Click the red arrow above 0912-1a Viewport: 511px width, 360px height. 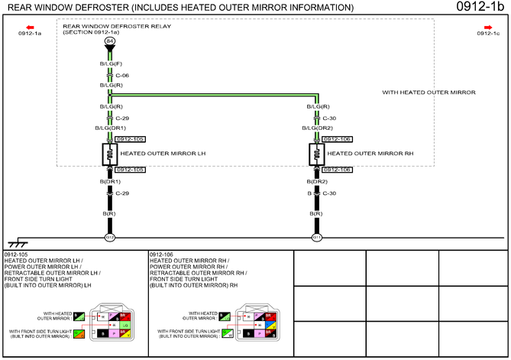[29, 27]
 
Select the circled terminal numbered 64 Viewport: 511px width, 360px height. [110, 40]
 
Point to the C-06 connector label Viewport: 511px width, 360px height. [122, 76]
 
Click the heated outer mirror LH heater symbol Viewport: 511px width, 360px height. [110, 154]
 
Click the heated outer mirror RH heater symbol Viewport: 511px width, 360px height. [316, 154]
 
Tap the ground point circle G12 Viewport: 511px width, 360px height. [110, 238]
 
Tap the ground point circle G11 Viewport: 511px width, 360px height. [316, 238]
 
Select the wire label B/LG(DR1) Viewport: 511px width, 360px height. [111, 128]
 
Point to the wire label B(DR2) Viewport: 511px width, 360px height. [317, 182]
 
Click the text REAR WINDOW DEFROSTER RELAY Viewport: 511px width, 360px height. [106, 26]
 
